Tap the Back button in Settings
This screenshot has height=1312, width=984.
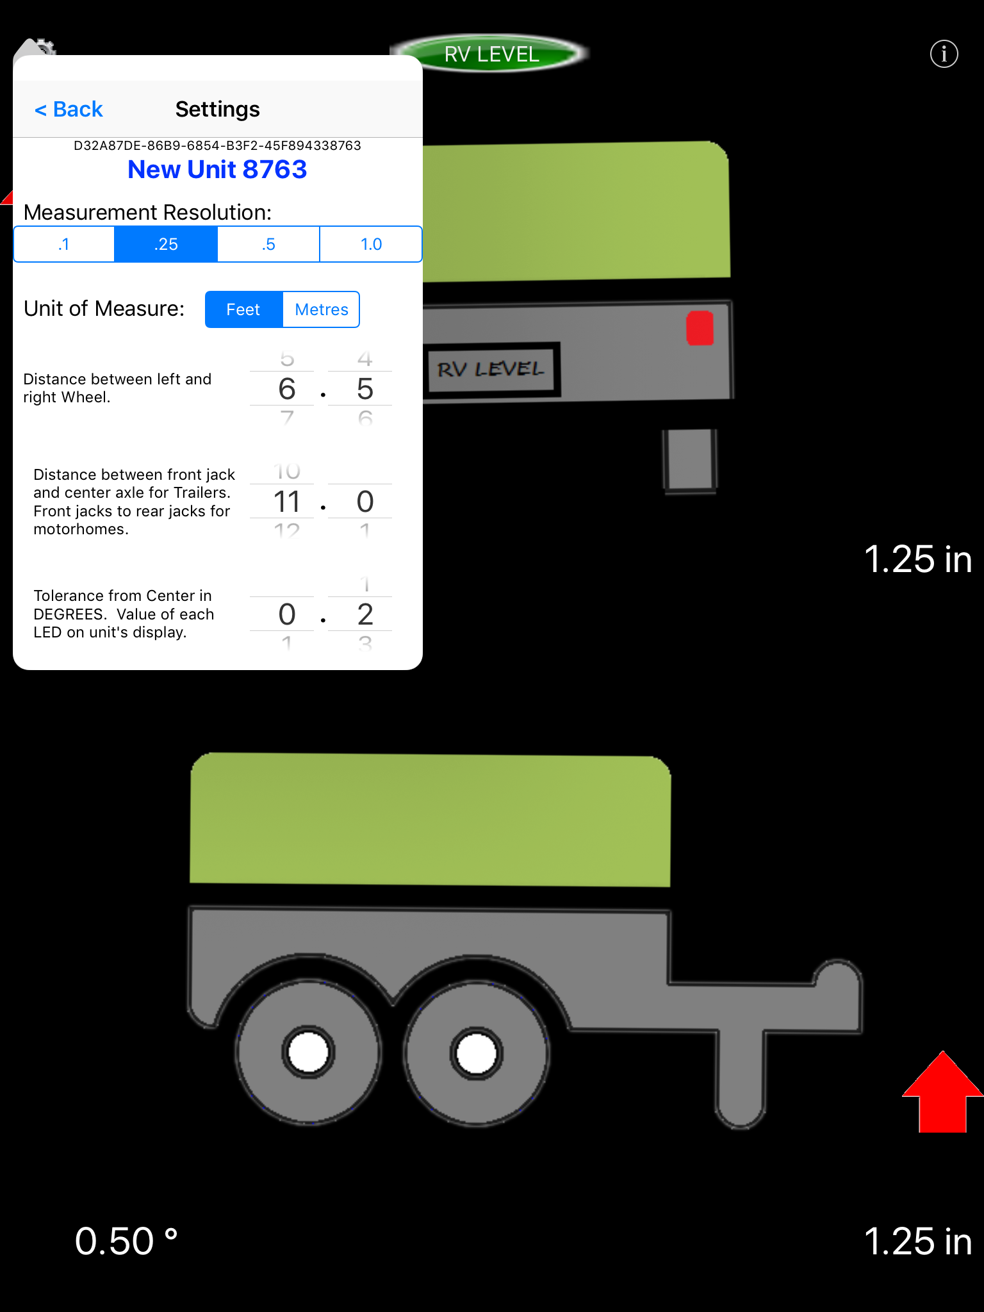pos(69,110)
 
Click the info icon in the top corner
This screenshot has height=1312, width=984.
pos(944,54)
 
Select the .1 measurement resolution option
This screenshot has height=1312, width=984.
pos(64,244)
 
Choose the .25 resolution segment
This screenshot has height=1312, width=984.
pos(166,244)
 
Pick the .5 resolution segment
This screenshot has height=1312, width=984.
pos(268,244)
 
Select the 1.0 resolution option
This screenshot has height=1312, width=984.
pos(371,244)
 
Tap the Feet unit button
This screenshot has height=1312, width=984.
pos(243,309)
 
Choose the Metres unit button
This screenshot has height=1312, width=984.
pos(321,309)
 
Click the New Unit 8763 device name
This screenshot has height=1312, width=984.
pos(217,170)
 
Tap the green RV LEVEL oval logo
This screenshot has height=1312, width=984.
pos(491,54)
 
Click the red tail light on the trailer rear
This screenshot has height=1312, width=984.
pos(700,328)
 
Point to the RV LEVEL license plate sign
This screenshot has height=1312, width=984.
pos(491,370)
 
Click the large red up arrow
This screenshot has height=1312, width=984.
pos(942,1092)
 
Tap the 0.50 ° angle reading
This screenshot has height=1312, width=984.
pos(126,1241)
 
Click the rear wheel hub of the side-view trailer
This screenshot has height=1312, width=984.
pos(308,1053)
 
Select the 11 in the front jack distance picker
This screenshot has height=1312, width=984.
pos(286,502)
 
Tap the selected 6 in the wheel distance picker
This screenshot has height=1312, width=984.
pos(286,389)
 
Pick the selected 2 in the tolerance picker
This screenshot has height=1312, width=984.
pos(365,614)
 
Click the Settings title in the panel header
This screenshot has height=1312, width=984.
pos(217,110)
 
